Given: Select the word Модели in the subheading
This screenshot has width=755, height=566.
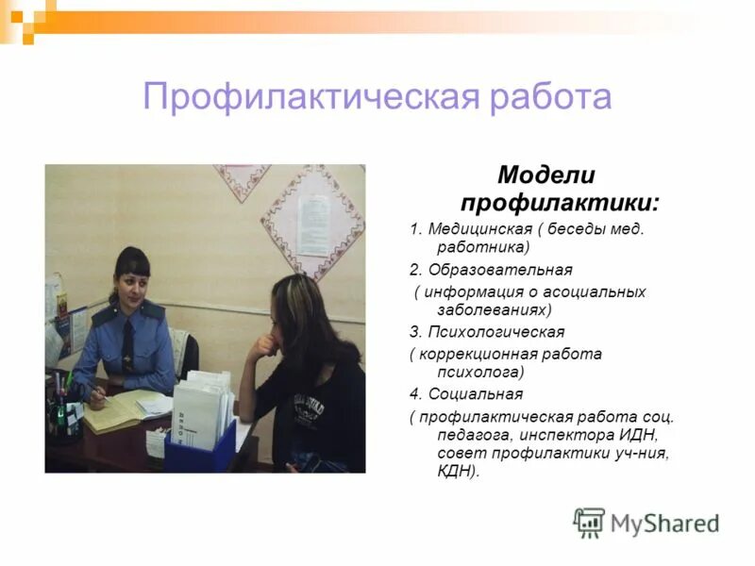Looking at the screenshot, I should pyautogui.click(x=546, y=175).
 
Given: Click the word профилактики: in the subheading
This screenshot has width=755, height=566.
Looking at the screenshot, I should pyautogui.click(x=560, y=202).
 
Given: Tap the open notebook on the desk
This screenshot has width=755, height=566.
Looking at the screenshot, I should pyautogui.click(x=132, y=408).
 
